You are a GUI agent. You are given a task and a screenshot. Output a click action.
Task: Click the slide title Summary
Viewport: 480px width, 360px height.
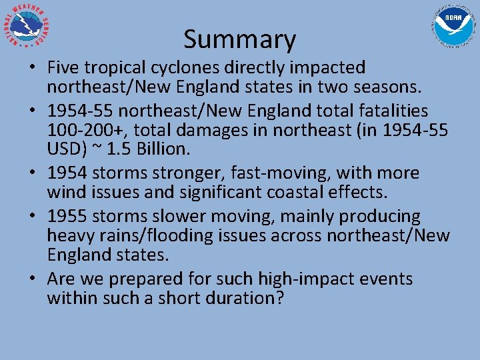[x=239, y=40]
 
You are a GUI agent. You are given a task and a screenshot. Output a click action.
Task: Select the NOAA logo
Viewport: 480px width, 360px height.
[x=453, y=27]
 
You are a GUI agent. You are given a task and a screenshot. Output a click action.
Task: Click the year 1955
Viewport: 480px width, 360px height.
[x=67, y=216]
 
